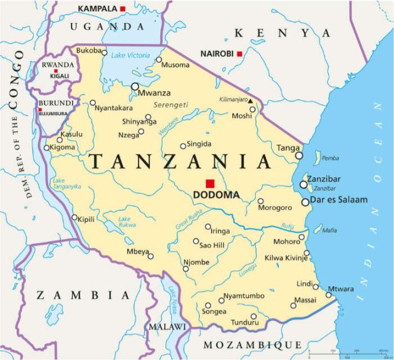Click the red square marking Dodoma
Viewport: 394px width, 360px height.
(x=210, y=183)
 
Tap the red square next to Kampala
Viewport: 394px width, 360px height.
(x=123, y=8)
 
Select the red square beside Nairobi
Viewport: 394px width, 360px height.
(x=239, y=54)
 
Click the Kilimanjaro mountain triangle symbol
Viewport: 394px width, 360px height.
(x=250, y=100)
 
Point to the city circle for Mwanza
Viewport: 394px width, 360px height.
(x=135, y=86)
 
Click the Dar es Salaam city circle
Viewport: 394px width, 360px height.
(x=305, y=202)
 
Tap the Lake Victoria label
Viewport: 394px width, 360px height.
(x=130, y=55)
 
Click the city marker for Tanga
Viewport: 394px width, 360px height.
(x=299, y=155)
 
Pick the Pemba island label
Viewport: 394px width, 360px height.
(x=329, y=158)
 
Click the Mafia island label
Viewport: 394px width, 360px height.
(x=329, y=230)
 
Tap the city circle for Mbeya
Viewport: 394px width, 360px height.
(x=150, y=255)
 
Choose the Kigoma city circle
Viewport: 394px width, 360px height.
(x=46, y=148)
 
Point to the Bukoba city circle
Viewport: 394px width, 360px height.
(x=104, y=52)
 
